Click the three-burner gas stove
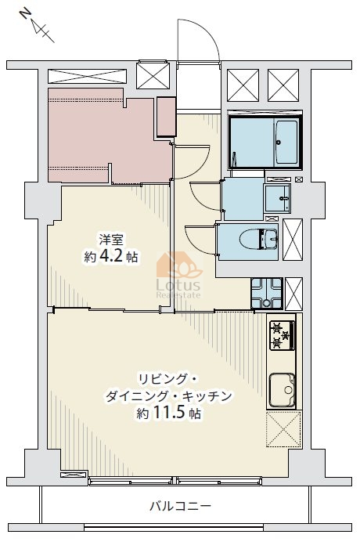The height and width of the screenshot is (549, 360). [x=282, y=335]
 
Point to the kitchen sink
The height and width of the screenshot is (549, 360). [x=282, y=390]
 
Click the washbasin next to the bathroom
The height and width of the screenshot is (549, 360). [x=277, y=198]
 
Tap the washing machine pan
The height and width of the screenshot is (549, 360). [x=267, y=294]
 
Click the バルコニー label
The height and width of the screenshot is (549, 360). [x=181, y=506]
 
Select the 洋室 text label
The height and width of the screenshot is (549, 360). [x=111, y=240]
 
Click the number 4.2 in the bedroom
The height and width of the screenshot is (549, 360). [x=112, y=257]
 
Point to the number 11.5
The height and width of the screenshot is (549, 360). [x=168, y=414]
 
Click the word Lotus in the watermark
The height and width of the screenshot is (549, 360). [x=178, y=284]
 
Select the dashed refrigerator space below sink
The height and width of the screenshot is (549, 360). [x=283, y=429]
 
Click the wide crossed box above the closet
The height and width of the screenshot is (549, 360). [x=87, y=76]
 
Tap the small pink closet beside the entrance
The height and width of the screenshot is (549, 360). [x=166, y=117]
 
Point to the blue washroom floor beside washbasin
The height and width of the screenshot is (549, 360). [x=243, y=198]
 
